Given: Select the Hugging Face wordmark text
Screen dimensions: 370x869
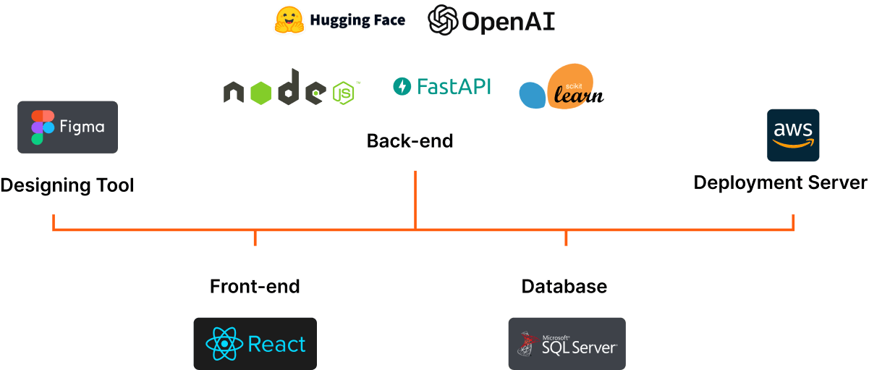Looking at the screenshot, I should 357,21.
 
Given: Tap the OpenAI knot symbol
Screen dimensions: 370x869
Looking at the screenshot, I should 442,21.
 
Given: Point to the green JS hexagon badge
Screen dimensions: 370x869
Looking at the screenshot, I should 344,93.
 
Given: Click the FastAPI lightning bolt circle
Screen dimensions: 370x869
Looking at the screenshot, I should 402,87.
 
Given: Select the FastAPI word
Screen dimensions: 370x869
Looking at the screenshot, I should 454,87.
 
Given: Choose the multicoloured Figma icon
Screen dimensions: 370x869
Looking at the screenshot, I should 43,127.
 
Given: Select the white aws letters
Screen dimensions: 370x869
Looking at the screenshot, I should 793,130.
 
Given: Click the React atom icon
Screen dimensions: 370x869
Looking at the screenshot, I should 224,344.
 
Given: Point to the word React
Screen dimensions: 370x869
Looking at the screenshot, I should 276,344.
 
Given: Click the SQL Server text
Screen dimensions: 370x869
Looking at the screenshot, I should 579,346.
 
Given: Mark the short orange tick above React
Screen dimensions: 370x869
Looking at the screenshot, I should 255,238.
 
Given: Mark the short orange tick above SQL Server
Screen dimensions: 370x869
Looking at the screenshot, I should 566,238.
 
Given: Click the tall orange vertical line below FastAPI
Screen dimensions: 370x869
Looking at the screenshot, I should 415,199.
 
